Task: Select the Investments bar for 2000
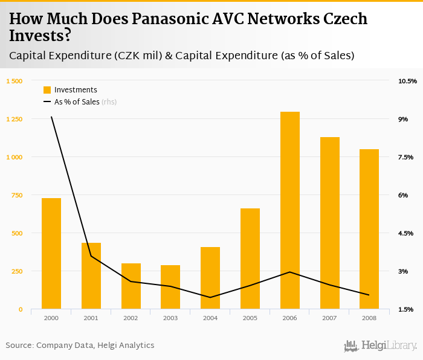[51, 254]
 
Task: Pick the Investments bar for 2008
[369, 229]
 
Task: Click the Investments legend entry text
[76, 90]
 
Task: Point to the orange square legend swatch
[47, 90]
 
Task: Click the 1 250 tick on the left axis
[13, 119]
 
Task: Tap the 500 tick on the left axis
[16, 233]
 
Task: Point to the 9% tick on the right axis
[403, 119]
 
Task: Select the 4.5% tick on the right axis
[405, 233]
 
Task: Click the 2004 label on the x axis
[210, 318]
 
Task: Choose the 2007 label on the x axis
[329, 318]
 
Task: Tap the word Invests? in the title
[40, 36]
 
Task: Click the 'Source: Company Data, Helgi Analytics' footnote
[80, 346]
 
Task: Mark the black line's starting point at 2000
[51, 117]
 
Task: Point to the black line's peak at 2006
[290, 272]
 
